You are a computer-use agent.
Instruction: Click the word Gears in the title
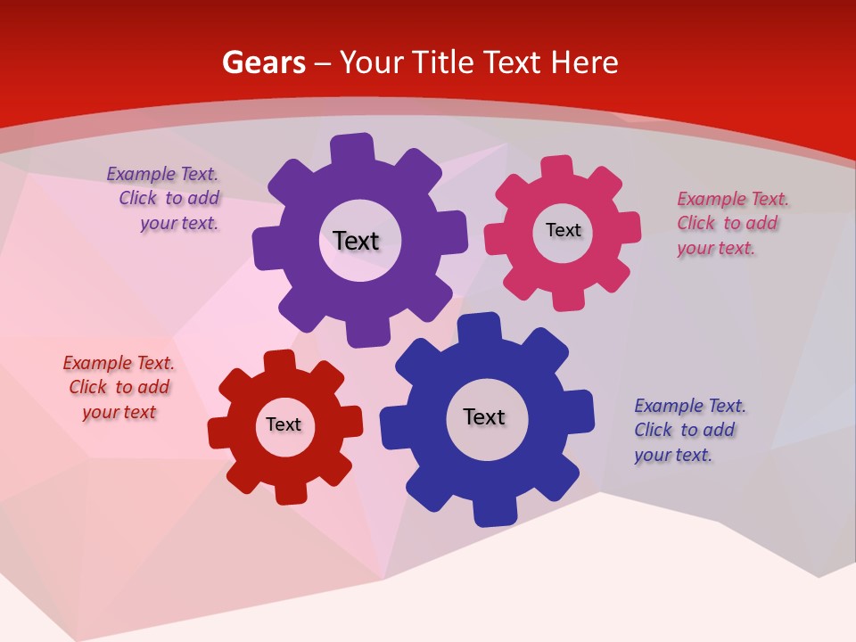(264, 62)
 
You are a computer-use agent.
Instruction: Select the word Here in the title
(584, 62)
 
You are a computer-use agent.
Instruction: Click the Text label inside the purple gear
(356, 241)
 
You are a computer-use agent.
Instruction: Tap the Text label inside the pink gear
(563, 230)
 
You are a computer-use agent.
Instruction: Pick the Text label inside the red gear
(284, 424)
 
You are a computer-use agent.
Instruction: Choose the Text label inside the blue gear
(484, 416)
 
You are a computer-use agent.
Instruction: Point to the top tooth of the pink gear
(558, 167)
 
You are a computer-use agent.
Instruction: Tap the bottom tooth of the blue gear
(494, 513)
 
